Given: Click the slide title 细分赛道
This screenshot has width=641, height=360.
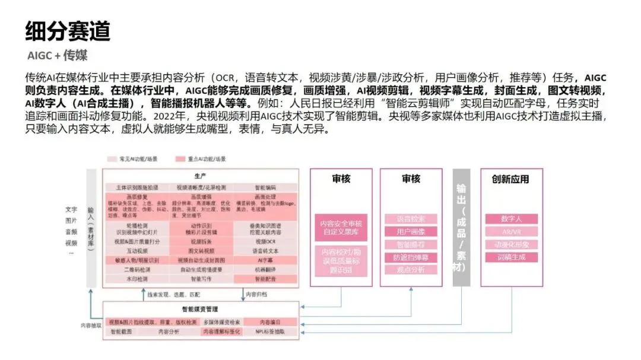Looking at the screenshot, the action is [68, 30].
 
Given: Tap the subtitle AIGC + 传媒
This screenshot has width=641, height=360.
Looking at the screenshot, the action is [58, 56].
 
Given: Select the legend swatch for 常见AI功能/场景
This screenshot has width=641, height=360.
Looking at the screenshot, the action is [110, 160].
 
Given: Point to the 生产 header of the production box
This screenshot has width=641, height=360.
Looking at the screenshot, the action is [200, 176].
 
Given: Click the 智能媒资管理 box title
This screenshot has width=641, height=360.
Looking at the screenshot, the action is [200, 309].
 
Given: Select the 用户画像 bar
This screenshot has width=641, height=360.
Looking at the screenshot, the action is [411, 231].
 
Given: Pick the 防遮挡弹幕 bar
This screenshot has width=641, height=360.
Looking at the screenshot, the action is [411, 257].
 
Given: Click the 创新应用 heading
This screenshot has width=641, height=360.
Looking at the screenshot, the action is [510, 179].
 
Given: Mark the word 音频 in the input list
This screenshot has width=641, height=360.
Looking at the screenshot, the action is [71, 232].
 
